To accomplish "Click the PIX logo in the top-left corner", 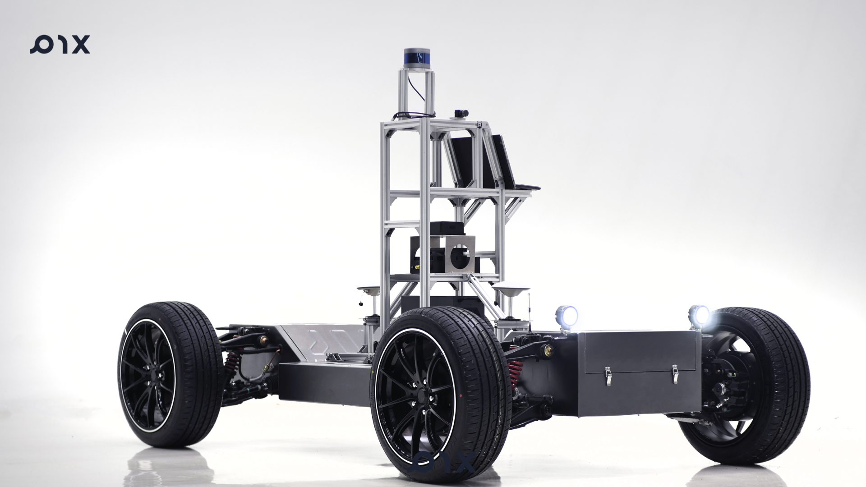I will tap(60, 45).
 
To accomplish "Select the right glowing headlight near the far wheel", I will tap(699, 315).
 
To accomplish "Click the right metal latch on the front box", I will tap(675, 374).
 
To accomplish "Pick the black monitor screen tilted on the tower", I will tap(462, 162).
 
